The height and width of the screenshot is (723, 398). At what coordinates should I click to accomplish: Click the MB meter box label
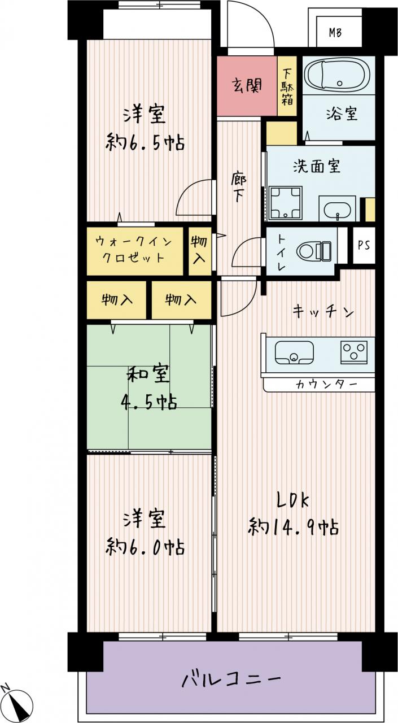(335, 33)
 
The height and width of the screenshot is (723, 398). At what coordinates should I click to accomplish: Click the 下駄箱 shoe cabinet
(287, 86)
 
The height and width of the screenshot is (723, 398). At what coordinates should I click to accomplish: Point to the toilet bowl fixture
(314, 251)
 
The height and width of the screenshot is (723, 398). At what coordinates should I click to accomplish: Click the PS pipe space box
(364, 245)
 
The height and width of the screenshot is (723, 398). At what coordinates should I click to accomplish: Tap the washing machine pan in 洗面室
(286, 203)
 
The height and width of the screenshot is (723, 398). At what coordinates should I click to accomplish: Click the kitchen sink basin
(294, 352)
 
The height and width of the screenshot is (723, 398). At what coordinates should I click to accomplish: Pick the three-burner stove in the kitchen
(354, 352)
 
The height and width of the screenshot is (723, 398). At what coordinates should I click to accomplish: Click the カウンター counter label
(326, 385)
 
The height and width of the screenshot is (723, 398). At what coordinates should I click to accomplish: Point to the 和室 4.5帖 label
(148, 388)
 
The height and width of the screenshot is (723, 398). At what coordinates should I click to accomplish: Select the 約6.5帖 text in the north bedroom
(145, 143)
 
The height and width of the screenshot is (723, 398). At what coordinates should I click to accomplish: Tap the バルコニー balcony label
(231, 678)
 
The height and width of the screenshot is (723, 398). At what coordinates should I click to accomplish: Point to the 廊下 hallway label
(239, 188)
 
